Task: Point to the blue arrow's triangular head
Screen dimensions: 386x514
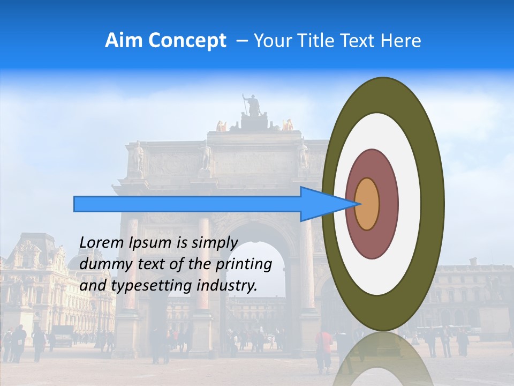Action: coord(327,204)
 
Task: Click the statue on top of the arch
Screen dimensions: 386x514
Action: coord(252,108)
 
